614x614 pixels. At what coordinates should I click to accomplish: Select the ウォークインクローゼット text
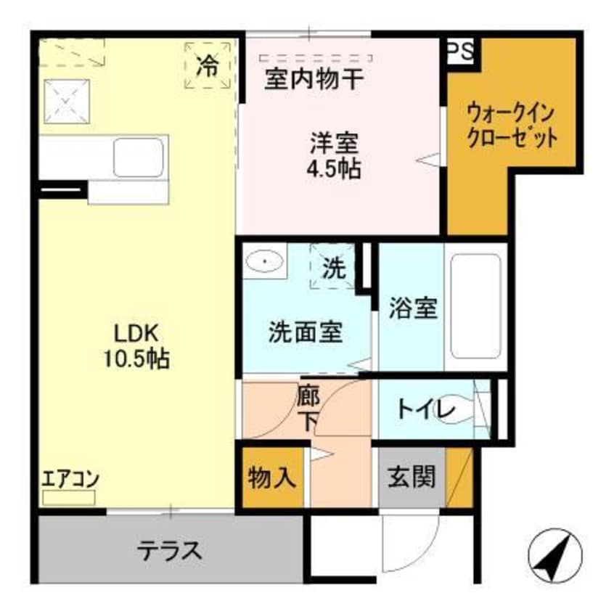512,125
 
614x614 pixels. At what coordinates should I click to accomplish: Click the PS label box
459,52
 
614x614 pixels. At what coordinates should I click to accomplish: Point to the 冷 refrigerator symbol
208,66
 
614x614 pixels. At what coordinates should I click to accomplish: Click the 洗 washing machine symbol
333,269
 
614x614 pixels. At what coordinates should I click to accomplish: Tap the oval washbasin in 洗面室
266,260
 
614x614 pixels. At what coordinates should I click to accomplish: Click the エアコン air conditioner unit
69,498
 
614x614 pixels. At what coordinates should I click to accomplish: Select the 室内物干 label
313,78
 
